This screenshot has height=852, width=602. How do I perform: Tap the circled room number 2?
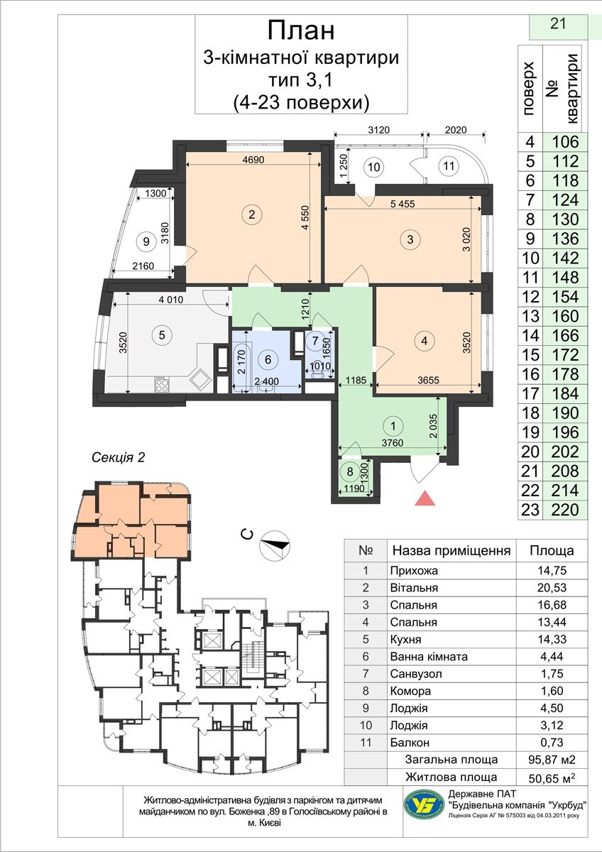click(251, 214)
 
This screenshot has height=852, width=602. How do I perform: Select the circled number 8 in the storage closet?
click(350, 471)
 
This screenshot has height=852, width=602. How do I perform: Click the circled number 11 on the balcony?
click(449, 166)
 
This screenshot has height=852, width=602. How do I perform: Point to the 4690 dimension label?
click(253, 160)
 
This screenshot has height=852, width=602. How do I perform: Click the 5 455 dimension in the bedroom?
click(403, 204)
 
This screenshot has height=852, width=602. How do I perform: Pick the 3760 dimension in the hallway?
click(392, 443)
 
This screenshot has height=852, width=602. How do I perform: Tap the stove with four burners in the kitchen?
click(162, 384)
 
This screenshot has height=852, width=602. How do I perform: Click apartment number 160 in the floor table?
click(565, 316)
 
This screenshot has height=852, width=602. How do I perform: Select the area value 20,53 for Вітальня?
click(552, 588)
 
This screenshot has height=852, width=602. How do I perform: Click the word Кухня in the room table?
click(406, 639)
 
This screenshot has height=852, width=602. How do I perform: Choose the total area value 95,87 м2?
click(552, 760)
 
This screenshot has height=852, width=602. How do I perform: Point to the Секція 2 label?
click(119, 457)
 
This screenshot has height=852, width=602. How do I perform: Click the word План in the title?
click(301, 31)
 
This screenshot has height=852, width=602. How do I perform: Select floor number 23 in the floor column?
click(530, 510)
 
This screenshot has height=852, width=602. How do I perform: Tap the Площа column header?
click(552, 550)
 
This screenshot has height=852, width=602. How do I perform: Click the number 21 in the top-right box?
click(558, 23)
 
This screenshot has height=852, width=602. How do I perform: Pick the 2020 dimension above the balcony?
click(456, 130)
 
